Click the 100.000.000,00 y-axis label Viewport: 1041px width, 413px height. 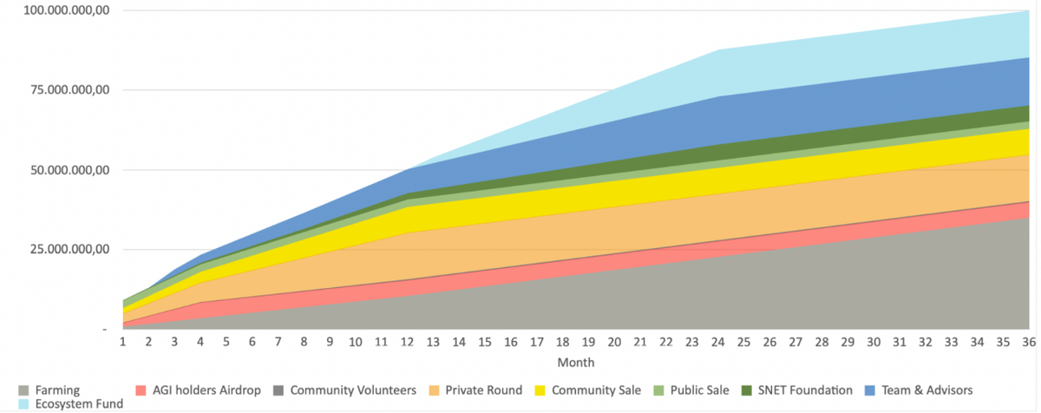(56, 10)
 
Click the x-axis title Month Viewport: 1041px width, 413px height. (576, 362)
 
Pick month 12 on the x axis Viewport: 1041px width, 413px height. (408, 343)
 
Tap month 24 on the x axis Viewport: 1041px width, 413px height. (719, 343)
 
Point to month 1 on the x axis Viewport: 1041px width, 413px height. (123, 343)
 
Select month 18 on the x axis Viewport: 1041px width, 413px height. (563, 343)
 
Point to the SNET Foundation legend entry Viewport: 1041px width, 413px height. (803, 390)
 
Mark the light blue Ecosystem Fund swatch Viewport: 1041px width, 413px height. (23, 403)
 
